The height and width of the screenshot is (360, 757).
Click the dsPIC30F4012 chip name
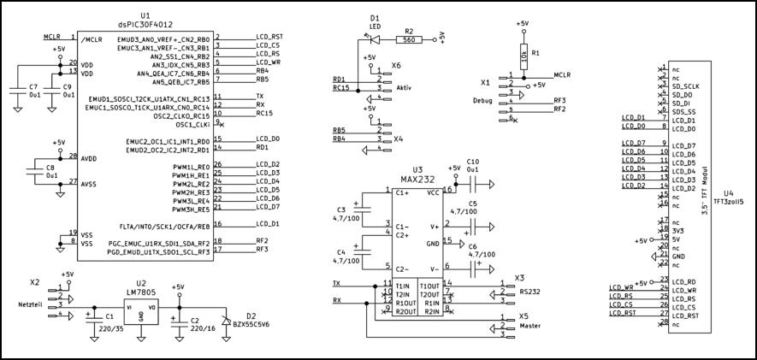point(144,25)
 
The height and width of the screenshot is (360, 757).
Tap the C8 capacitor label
point(50,168)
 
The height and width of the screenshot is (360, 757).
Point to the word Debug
point(483,100)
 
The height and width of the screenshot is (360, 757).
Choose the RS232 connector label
point(529,292)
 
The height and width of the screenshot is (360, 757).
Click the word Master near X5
point(530,326)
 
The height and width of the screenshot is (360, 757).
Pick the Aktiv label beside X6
point(405,88)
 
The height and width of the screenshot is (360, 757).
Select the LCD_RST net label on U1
point(269,38)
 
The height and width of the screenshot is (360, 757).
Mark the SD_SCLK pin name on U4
point(687,86)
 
